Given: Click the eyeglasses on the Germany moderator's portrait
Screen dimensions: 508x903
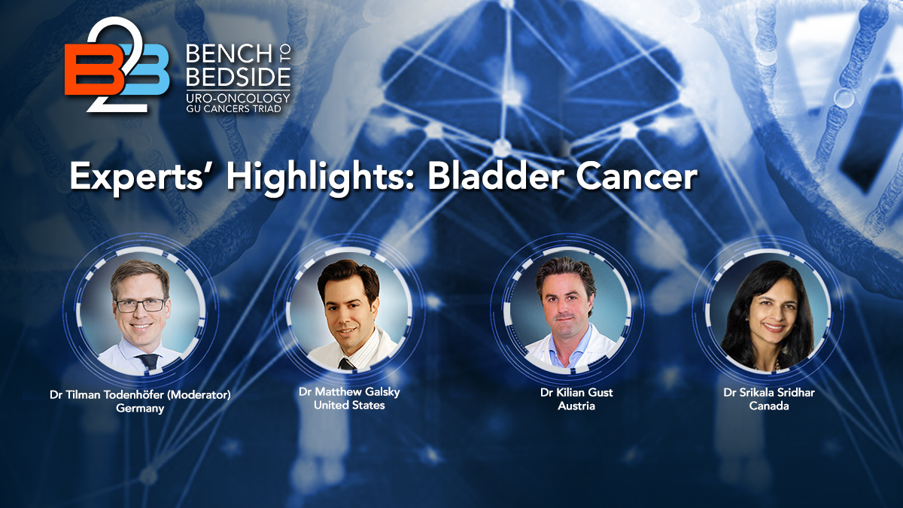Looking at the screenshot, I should pos(141,305).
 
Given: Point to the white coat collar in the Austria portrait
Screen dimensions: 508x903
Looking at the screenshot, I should pos(547,348).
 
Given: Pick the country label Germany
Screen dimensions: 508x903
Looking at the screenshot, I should pos(140,409).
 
